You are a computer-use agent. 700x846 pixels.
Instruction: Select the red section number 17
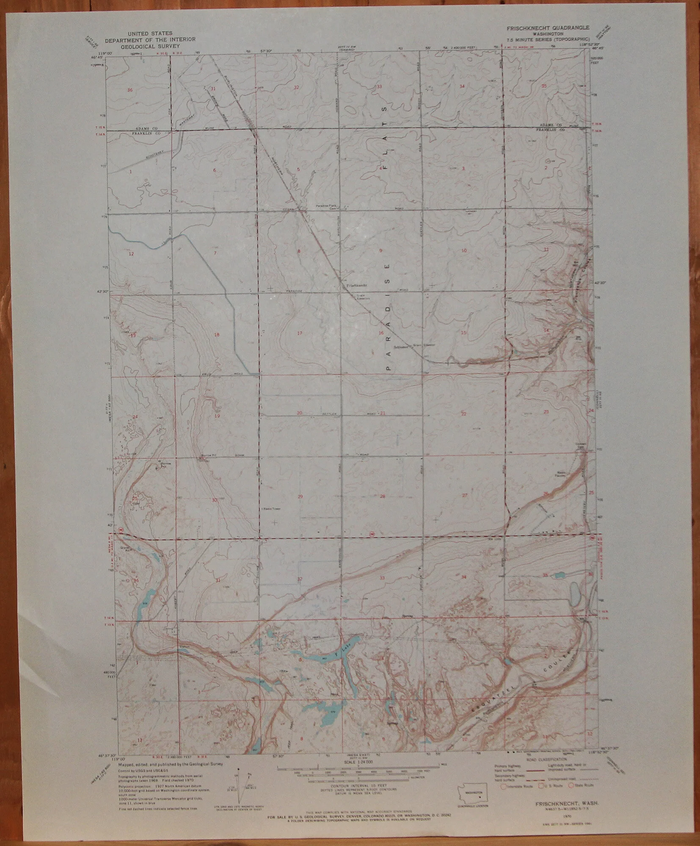300,333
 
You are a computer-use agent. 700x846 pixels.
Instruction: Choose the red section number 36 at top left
130,90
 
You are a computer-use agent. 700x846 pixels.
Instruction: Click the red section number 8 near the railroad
299,251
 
